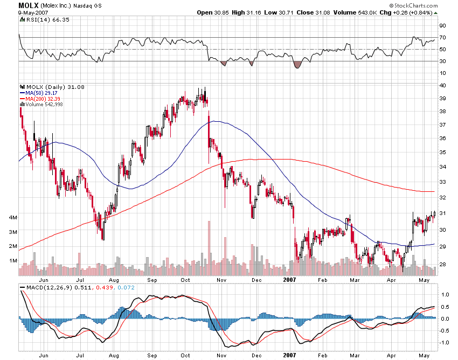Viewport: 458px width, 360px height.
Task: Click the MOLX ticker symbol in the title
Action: click(x=27, y=5)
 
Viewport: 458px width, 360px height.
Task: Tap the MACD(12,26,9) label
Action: click(x=48, y=288)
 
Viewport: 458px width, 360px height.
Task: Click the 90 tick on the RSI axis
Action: click(x=442, y=25)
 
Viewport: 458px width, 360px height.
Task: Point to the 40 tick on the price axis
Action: click(x=442, y=85)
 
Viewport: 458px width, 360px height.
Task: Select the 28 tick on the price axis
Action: click(x=442, y=264)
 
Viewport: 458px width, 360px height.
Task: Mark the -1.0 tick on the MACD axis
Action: click(x=444, y=343)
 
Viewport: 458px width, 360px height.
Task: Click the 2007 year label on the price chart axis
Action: click(x=290, y=280)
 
